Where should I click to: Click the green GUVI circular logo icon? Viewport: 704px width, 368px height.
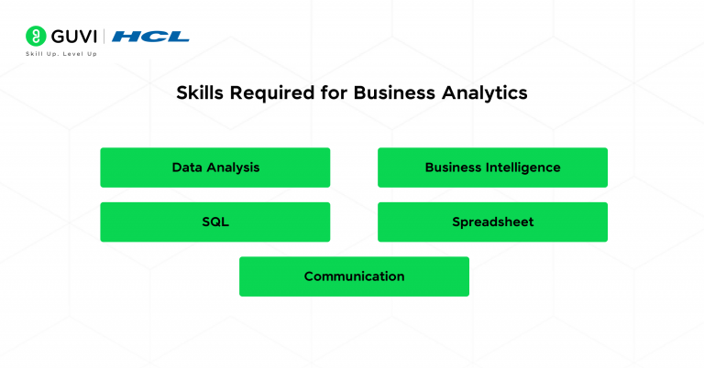coord(36,37)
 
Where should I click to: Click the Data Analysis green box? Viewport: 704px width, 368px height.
coord(214,168)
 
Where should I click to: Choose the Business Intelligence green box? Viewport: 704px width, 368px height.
coord(492,168)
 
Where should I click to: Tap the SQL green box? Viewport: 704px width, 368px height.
coord(214,222)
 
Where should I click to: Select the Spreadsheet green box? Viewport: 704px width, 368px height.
coord(492,222)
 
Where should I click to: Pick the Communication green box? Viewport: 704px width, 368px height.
coord(354,276)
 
